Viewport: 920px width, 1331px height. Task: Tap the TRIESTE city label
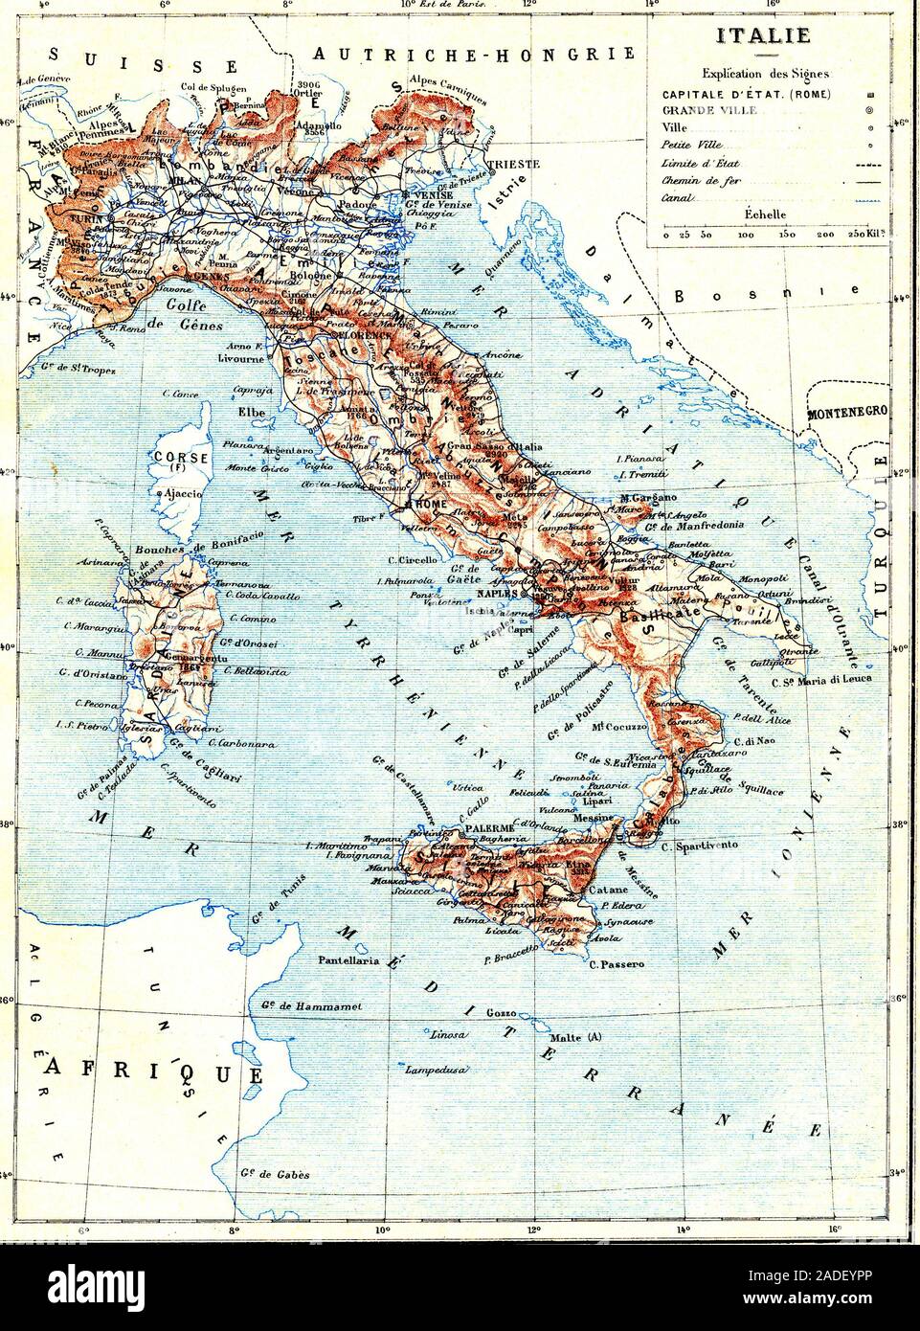pos(513,164)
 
